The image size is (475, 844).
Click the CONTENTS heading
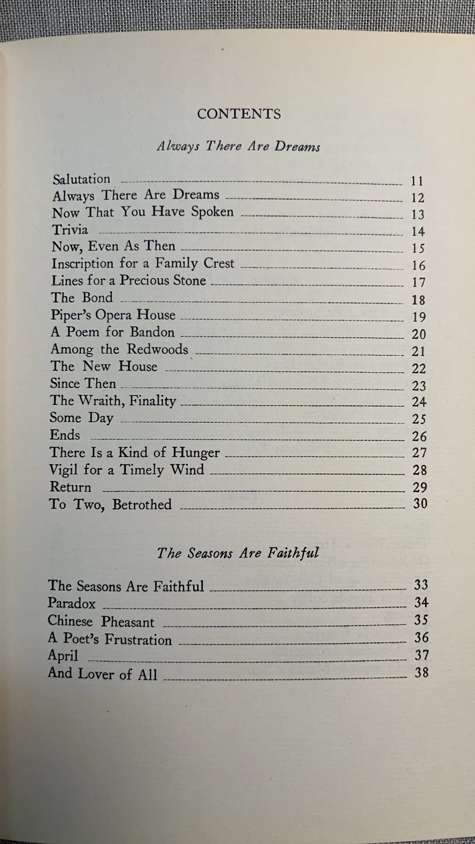239,114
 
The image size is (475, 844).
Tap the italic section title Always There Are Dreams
238,146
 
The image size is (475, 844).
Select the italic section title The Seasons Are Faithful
238,553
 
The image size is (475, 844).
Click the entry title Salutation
82,179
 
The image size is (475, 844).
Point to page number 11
417,181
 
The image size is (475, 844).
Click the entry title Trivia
70,229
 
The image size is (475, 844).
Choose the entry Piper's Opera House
113,315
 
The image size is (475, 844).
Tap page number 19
419,317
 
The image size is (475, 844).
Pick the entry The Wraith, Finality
113,400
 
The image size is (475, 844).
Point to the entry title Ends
65,435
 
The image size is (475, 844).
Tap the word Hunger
196,452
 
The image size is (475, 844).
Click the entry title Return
70,487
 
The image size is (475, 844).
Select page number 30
420,503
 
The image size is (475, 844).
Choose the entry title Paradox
72,603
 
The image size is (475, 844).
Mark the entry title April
63,655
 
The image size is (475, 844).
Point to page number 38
421,672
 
